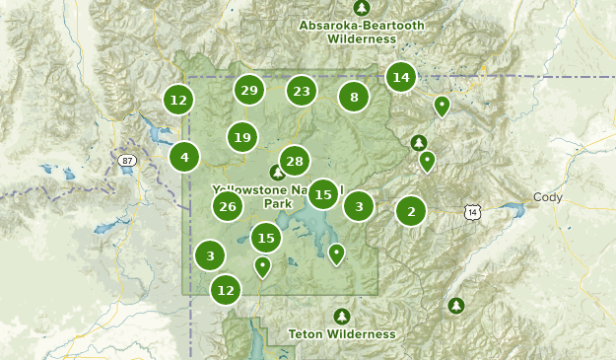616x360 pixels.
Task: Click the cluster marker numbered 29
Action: click(249, 91)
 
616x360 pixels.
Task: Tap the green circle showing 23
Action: click(302, 92)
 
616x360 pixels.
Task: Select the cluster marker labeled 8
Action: click(354, 97)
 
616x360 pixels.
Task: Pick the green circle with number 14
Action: click(400, 77)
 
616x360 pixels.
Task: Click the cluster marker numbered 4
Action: click(184, 156)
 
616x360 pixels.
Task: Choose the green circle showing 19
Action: click(242, 137)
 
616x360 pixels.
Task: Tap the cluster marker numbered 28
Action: click(294, 161)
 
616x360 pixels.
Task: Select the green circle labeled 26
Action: click(228, 206)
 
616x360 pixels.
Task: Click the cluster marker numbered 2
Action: click(411, 210)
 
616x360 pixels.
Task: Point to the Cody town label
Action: click(547, 197)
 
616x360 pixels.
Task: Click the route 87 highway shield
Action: click(125, 160)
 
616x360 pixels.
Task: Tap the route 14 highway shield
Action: click(473, 211)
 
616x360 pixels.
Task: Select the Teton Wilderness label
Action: click(341, 334)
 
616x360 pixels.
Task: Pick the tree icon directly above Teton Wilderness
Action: click(341, 316)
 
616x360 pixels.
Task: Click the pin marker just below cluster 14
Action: click(443, 106)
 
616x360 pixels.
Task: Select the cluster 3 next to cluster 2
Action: click(359, 206)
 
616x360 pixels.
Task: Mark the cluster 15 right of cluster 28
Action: click(322, 194)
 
